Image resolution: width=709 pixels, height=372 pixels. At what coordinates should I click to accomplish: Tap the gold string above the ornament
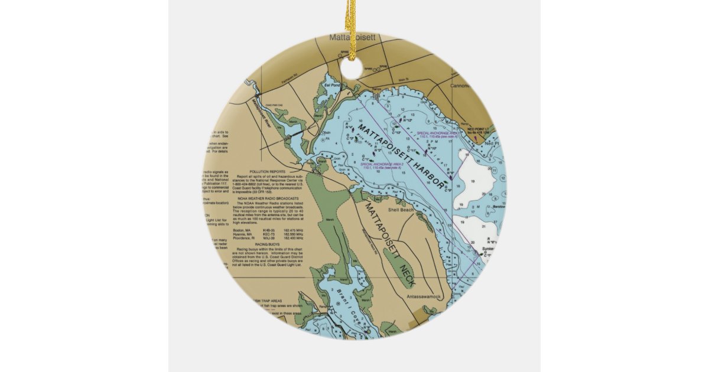pos(352,24)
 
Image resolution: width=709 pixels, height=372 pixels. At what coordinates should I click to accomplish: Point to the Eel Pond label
pos(332,85)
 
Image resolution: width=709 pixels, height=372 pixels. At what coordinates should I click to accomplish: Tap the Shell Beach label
pos(401,210)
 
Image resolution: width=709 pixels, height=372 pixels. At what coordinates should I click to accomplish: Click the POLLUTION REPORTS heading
pos(267,171)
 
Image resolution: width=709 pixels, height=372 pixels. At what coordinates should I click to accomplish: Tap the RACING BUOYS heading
pos(267,243)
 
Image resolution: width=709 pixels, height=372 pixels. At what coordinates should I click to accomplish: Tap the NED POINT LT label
pos(479,129)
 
